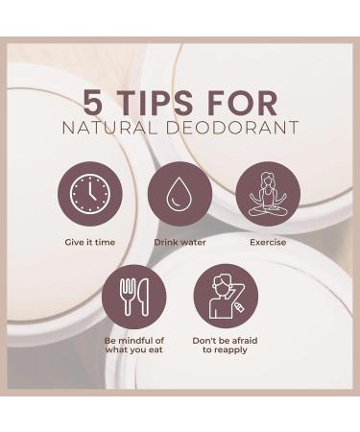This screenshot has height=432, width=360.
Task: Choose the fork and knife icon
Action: point(135,298)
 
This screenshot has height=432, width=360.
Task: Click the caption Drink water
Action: point(180,242)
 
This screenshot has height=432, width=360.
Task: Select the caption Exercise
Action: point(268,242)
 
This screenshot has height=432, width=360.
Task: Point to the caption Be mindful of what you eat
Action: point(133,346)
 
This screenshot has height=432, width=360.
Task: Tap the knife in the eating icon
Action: point(143,297)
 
